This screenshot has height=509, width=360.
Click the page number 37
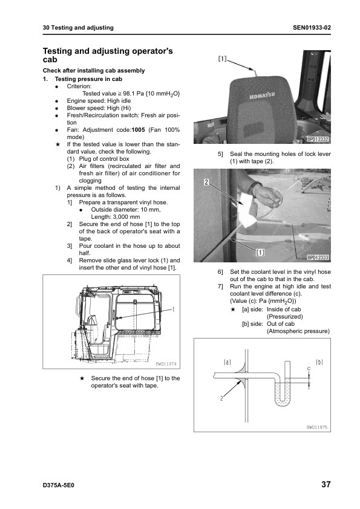pos(326,484)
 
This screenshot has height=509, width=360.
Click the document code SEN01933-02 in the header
pos(312,28)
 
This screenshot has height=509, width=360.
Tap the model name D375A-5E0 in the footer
pos(59,485)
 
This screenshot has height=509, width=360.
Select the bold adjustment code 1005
pos(138,130)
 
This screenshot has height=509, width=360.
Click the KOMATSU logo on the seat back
pos(262,95)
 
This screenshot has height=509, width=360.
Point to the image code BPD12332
pos(318,139)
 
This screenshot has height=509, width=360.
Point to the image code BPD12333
pos(318,258)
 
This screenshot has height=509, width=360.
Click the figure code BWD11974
pos(166,364)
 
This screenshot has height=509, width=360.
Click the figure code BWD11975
pos(317,427)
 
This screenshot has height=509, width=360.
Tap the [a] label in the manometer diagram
pos(227,362)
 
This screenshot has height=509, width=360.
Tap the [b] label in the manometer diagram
pos(319,362)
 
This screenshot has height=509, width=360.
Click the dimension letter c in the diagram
pos(309,368)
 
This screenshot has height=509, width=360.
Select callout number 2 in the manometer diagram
pos(221,398)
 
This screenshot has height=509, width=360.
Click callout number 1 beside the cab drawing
pos(174,309)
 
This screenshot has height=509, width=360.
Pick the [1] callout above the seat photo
pos(222,59)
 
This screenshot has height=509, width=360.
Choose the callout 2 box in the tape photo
pos(206,182)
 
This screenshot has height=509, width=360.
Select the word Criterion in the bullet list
pos(79,86)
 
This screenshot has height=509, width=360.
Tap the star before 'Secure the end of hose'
pos(82,378)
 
